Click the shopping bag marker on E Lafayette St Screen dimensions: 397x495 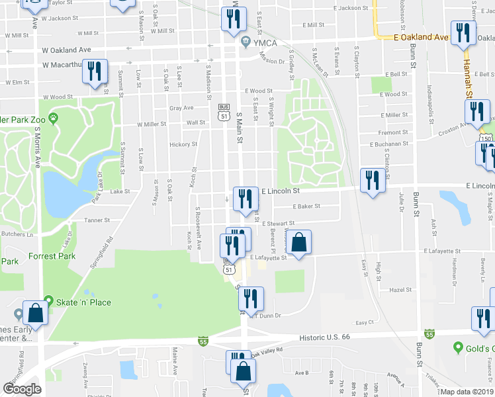point(298,243)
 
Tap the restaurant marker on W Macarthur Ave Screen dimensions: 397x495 point(96,71)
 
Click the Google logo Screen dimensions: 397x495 point(22,389)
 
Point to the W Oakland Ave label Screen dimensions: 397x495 point(66,50)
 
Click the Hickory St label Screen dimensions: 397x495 point(183,144)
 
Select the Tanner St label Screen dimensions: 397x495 point(97,220)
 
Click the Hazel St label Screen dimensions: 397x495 point(400,290)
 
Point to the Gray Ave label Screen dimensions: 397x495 point(181,108)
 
